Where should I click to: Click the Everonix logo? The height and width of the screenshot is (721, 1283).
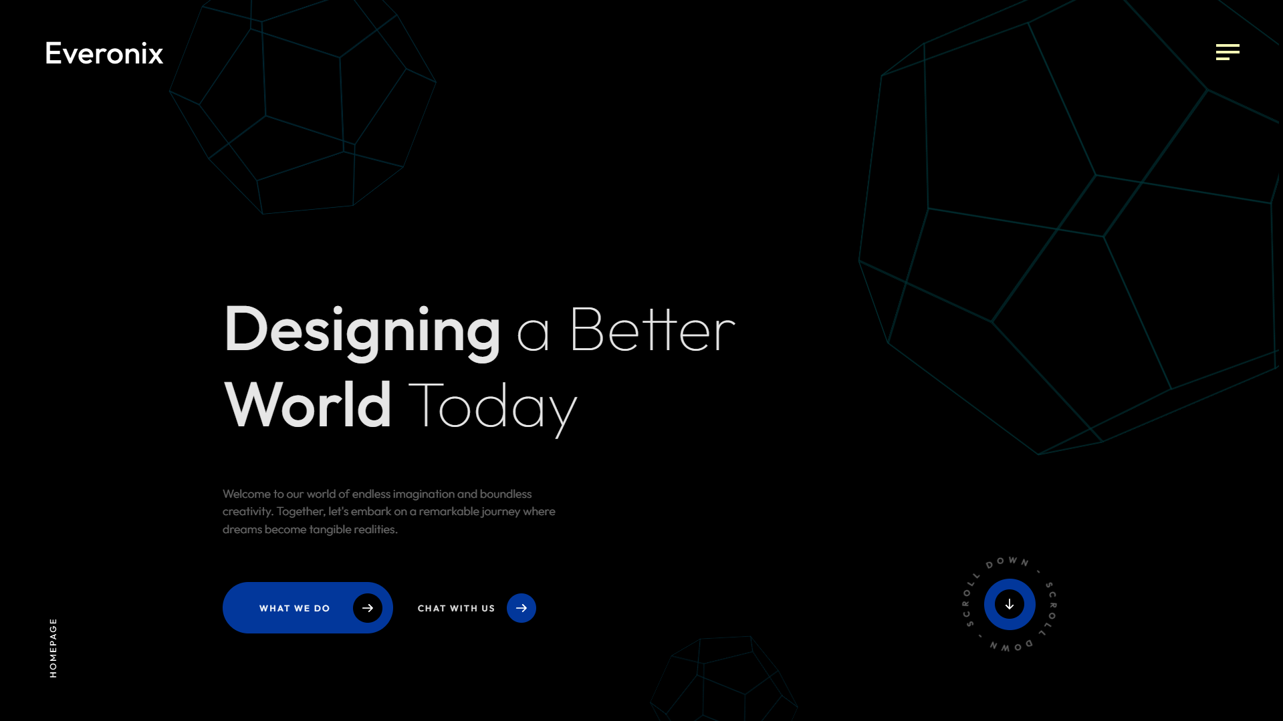[x=104, y=53]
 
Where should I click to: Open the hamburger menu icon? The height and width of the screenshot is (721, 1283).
[x=1228, y=52]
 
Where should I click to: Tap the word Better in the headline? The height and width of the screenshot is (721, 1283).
[x=652, y=329]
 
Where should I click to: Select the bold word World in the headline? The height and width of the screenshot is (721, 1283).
[x=308, y=404]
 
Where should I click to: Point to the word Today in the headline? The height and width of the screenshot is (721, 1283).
[x=492, y=407]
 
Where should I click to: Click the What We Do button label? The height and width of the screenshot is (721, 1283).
[x=295, y=608]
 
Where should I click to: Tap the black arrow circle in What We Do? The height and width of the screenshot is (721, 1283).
[x=368, y=608]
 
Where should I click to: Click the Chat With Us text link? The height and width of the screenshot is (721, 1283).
[x=457, y=608]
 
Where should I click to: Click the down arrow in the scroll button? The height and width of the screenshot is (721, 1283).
[x=1010, y=604]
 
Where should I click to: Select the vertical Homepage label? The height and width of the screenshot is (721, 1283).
[x=53, y=648]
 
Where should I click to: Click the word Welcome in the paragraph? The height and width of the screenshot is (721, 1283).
[x=247, y=494]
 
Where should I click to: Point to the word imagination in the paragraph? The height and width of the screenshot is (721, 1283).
[x=424, y=494]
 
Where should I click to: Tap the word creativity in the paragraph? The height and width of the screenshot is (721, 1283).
[x=247, y=512]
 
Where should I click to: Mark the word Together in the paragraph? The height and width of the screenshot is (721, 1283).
[x=301, y=512]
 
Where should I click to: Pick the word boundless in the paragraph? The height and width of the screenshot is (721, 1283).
[x=506, y=494]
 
